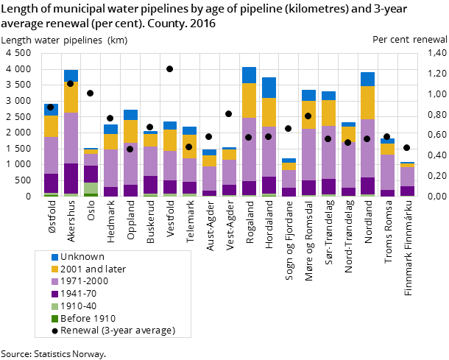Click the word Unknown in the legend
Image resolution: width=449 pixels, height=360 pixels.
(x=82, y=257)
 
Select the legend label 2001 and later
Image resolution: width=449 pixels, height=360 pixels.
(x=93, y=269)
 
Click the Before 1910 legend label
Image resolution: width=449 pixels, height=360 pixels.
(x=88, y=318)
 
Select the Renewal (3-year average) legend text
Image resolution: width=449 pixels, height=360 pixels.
(x=118, y=330)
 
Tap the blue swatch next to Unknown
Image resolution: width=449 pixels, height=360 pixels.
(x=54, y=257)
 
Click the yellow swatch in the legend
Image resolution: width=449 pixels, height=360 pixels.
(x=54, y=269)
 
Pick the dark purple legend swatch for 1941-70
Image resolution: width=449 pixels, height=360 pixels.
(x=54, y=294)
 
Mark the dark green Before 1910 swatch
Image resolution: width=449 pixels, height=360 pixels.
(x=54, y=318)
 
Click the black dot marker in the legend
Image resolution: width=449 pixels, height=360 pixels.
(x=54, y=330)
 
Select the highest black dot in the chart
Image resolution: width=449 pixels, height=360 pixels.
(x=169, y=68)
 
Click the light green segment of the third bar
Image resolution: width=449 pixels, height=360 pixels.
(x=91, y=188)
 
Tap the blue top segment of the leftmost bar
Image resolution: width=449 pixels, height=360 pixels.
(x=51, y=110)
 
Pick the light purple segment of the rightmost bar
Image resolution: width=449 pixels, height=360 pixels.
(x=407, y=177)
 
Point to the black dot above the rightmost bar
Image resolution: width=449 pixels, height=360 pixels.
(x=406, y=147)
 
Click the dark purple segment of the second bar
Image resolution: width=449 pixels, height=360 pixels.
(x=71, y=178)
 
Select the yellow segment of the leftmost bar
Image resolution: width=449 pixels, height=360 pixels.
(x=51, y=126)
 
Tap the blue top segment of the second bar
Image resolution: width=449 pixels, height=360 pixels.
(x=71, y=75)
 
